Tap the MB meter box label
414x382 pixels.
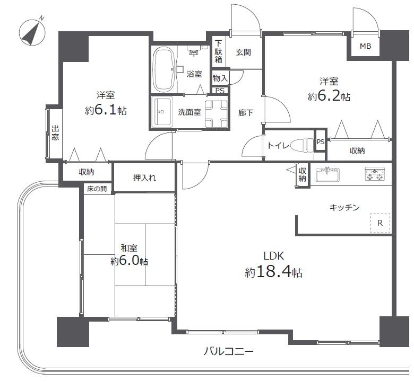[x=365, y=46]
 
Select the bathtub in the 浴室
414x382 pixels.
[x=165, y=69]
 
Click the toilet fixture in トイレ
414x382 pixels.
[x=303, y=145]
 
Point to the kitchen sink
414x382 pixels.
[x=327, y=174]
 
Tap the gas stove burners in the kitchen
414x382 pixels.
[x=375, y=174]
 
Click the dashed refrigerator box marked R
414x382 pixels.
[x=380, y=223]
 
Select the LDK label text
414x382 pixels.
[x=273, y=256]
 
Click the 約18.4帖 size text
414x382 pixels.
[x=273, y=272]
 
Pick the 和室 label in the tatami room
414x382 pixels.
[x=129, y=248]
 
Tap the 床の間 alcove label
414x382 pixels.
[x=97, y=189]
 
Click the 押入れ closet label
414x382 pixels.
[x=144, y=177]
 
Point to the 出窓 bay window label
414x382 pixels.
[x=55, y=133]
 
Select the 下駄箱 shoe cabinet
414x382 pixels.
[x=218, y=51]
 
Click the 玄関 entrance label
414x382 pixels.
[x=243, y=52]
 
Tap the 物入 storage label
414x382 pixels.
[x=220, y=78]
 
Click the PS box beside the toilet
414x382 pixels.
[x=321, y=141]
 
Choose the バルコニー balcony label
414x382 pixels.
[x=229, y=351]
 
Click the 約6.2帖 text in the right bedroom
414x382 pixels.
[x=329, y=97]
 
